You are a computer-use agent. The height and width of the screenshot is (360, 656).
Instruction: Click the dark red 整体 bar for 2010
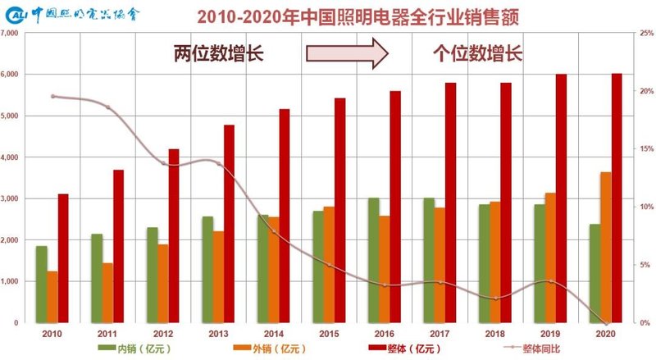63,258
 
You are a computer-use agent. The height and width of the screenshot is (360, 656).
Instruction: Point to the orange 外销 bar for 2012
163,283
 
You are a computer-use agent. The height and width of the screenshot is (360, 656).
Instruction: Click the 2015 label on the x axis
329,335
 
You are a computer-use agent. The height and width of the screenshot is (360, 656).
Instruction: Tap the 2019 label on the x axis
550,335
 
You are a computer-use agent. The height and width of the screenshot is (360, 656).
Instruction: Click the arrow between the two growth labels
346,55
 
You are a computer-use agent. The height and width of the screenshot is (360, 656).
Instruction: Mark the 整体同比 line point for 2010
52,96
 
